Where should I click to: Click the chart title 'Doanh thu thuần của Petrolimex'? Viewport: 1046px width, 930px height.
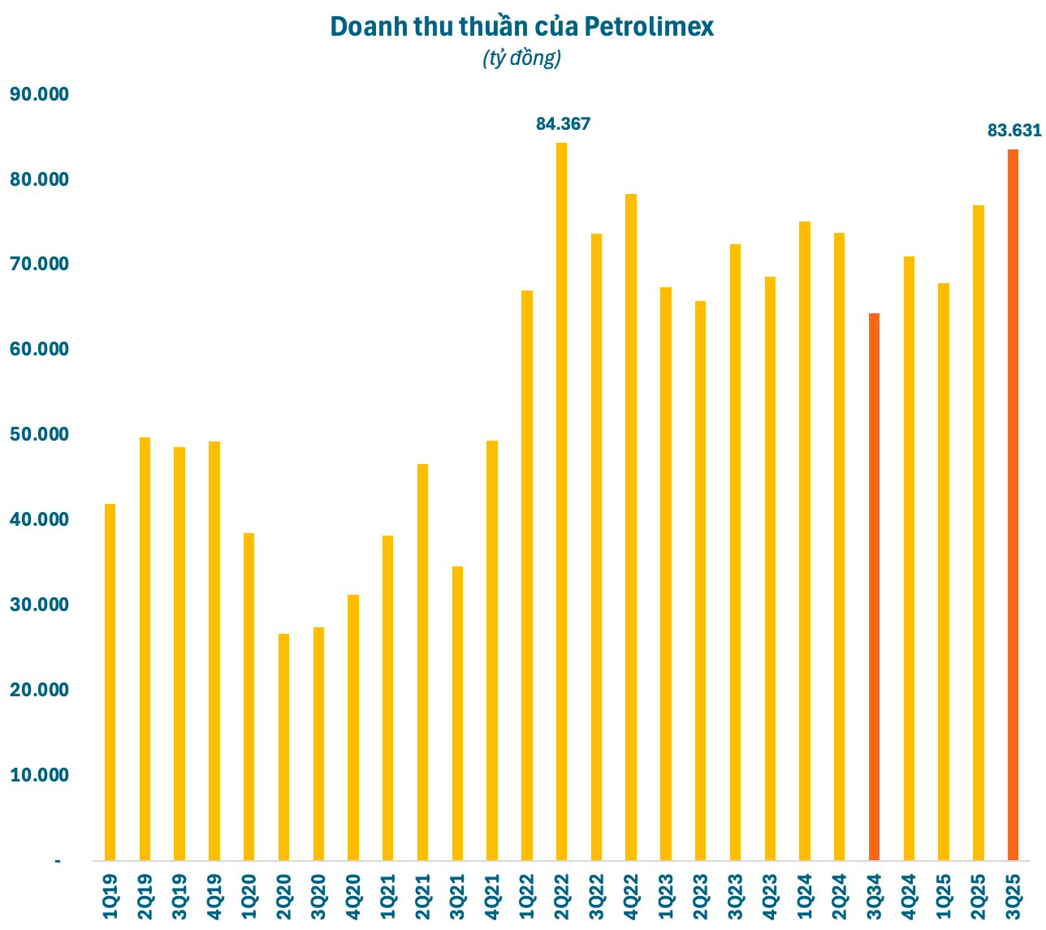522,27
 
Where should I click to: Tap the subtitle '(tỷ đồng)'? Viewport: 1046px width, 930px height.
522,58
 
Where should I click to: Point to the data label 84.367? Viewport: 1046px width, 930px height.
563,124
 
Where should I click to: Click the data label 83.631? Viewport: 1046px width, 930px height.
1014,130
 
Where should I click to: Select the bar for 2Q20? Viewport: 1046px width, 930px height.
283,747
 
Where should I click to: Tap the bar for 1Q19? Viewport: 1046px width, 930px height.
110,682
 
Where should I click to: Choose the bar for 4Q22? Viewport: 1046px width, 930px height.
631,527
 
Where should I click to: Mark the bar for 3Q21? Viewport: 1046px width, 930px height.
457,713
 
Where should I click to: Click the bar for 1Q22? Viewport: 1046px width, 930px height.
527,575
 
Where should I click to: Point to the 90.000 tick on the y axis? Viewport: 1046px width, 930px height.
39,94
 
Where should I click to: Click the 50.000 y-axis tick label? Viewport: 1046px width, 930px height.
39,434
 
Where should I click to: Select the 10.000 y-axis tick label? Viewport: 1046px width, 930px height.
39,775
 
